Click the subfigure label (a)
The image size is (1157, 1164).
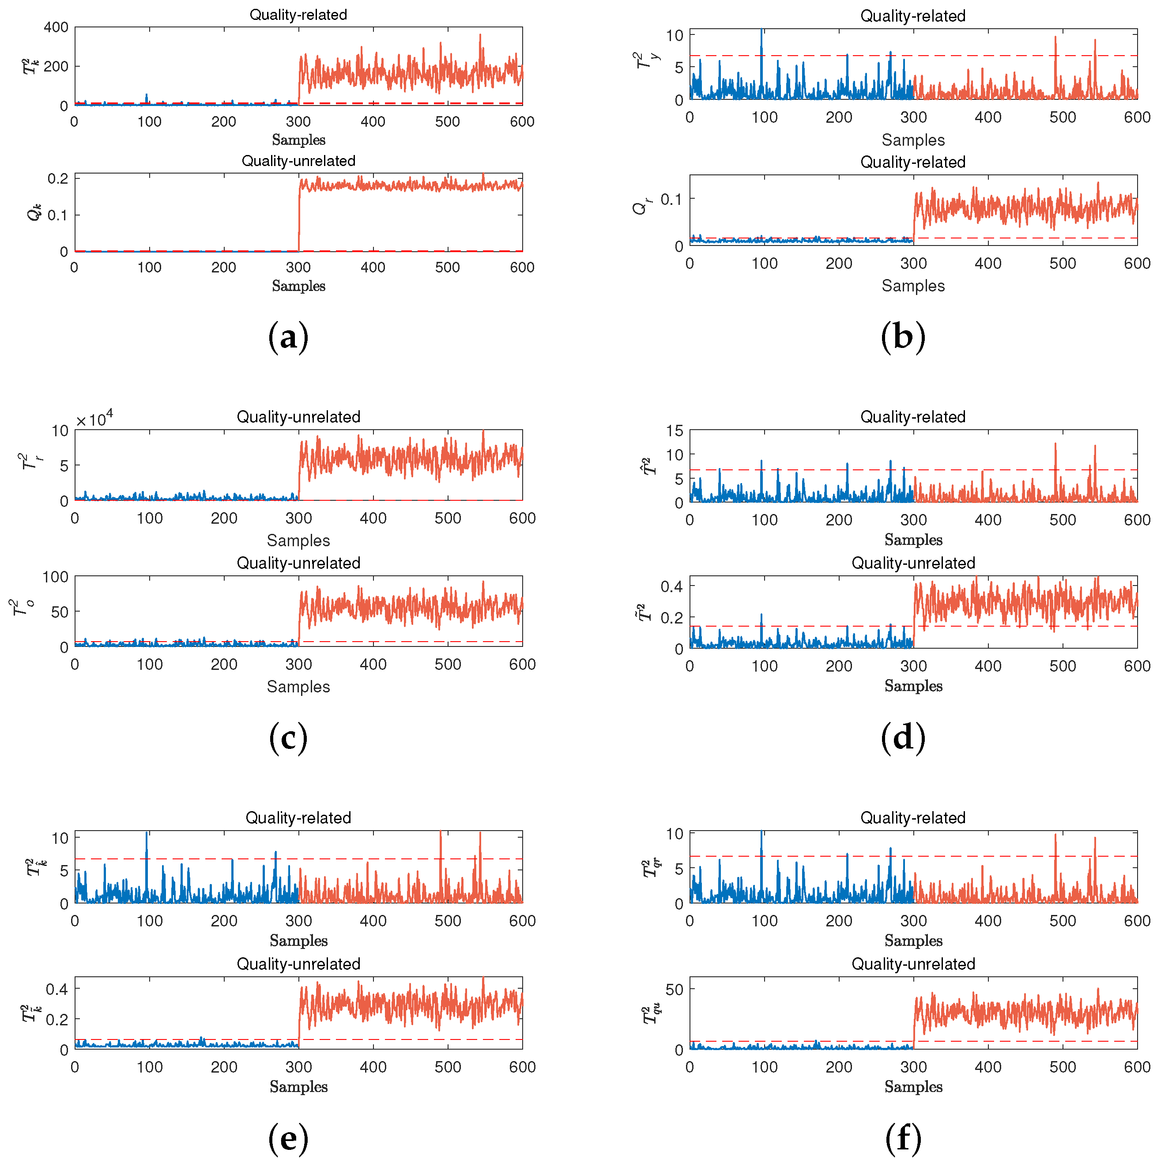[288, 337]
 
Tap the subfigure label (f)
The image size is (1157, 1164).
[902, 1138]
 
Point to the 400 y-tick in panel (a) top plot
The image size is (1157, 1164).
[56, 27]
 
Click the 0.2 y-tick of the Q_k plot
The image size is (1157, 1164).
[58, 178]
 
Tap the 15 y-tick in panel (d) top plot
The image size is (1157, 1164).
[675, 431]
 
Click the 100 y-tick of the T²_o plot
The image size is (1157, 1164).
[56, 577]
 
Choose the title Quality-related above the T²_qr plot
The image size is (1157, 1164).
[912, 817]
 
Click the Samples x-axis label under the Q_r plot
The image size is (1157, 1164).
[912, 286]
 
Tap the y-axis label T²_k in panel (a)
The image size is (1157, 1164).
[30, 66]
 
